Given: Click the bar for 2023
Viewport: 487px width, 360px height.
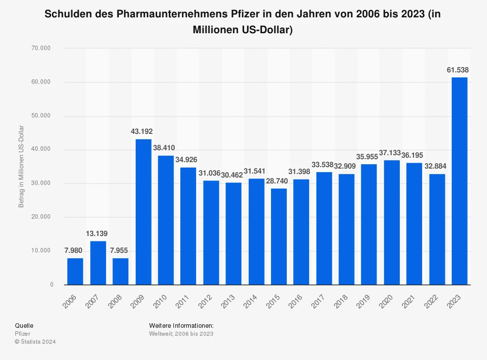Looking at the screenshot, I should point(459,181).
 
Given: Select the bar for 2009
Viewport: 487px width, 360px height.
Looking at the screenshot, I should point(143,212).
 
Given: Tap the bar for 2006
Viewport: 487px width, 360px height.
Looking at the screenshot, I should point(75,271).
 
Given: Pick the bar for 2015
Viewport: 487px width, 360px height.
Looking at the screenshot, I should point(278,237).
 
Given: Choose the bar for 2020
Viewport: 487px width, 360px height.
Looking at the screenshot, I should point(391,222).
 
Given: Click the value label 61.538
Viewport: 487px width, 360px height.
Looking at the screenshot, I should point(458,70).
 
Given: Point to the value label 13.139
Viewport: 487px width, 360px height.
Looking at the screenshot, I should point(98,234).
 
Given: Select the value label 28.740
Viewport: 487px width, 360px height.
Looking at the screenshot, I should point(278,181).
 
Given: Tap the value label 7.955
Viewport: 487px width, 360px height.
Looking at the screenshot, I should point(120,251).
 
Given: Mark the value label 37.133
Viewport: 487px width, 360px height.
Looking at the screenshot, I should point(391,153).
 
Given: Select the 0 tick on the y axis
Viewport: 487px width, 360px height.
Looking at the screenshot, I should point(52,285).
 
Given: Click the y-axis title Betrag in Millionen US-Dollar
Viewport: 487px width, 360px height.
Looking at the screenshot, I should point(21,167).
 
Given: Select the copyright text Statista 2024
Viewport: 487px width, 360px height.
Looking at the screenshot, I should point(36,342).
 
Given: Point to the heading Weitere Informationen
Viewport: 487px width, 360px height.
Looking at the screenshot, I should point(181,325).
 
